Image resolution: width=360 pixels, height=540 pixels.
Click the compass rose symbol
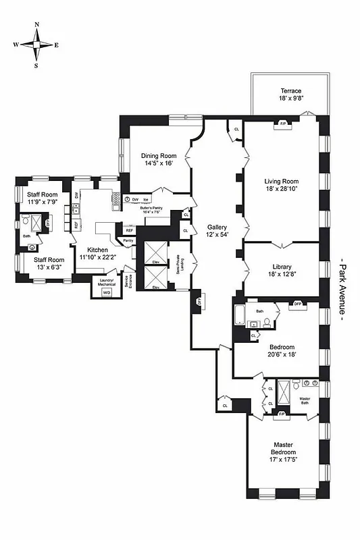[x=36, y=45]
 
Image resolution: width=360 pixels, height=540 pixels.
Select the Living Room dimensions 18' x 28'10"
[x=281, y=190]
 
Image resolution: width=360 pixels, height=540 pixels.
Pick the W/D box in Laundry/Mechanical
[x=106, y=292]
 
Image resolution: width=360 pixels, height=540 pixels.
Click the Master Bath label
[x=305, y=398]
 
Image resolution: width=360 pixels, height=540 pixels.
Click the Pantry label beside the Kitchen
[x=128, y=240]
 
